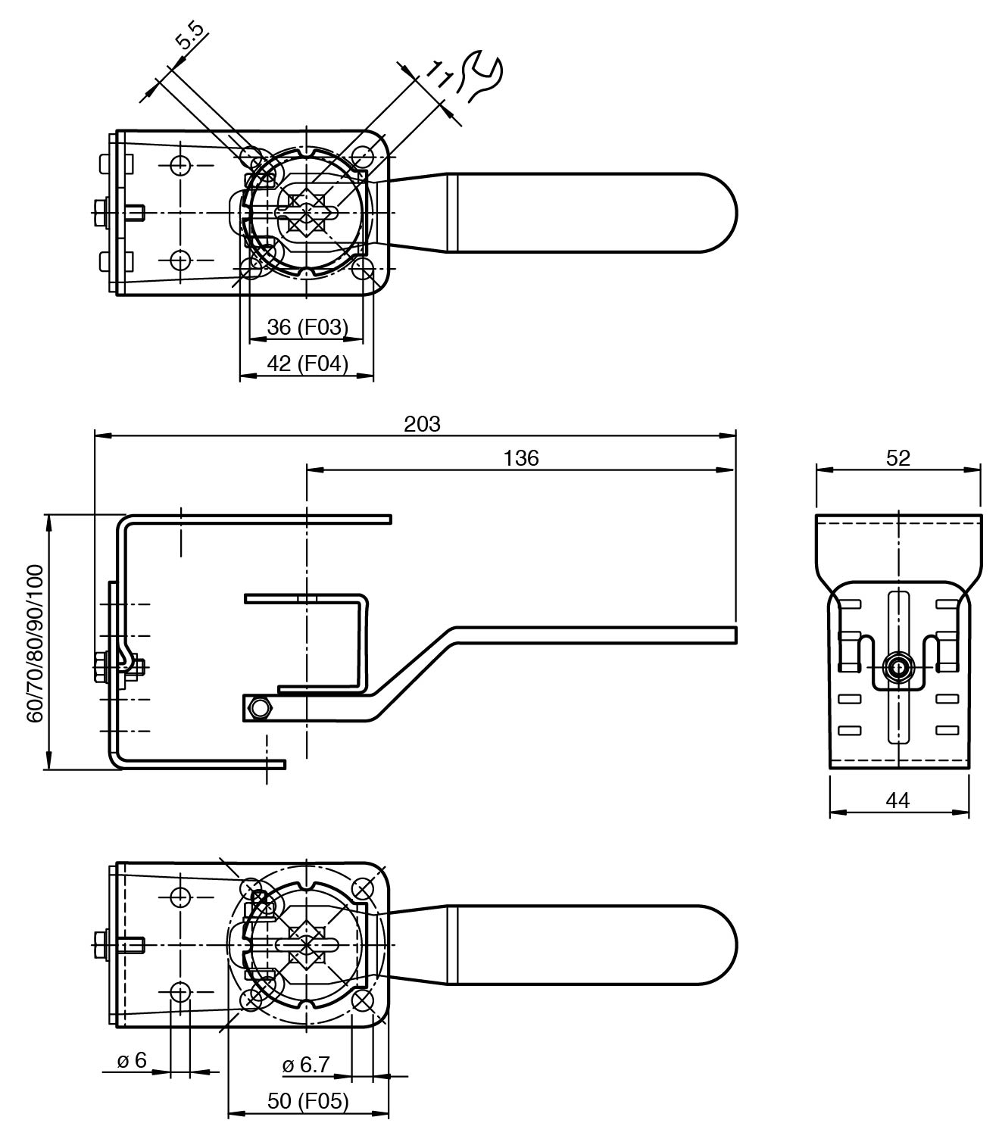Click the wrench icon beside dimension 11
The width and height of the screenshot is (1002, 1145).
[x=479, y=76]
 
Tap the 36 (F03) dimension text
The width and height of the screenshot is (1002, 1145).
[x=307, y=327]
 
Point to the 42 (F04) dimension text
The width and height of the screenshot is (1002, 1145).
[x=307, y=363]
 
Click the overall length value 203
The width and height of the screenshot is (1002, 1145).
[x=422, y=424]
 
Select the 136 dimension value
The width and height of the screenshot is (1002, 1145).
[x=520, y=458]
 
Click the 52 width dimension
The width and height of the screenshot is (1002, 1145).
[x=898, y=458]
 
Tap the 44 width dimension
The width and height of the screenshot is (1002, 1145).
[x=898, y=801]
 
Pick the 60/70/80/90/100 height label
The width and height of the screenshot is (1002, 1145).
[x=35, y=644]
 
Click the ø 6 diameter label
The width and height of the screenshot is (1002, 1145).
[x=132, y=1060]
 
